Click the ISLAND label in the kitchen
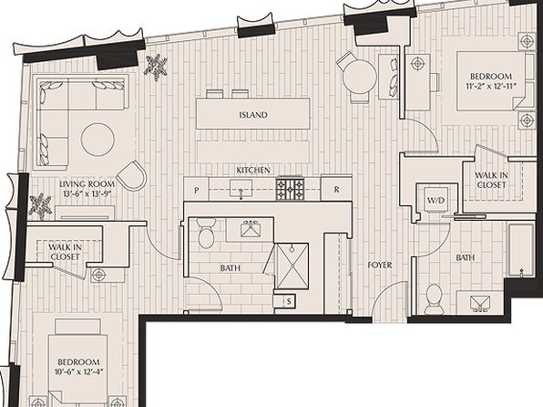tap(253, 115)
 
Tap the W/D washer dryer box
tap(435, 200)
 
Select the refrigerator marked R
tap(336, 190)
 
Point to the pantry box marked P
tap(197, 190)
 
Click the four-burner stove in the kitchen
tap(291, 189)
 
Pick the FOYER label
tap(380, 265)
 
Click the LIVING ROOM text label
tap(87, 184)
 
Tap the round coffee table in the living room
tap(97, 140)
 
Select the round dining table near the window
tap(359, 77)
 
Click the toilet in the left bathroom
tap(206, 234)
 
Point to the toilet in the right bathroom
tap(434, 298)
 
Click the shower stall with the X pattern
tap(292, 266)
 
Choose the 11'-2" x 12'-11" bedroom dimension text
tap(491, 87)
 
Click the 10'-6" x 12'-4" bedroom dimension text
tap(79, 372)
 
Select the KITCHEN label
tap(253, 170)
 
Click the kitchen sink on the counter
tap(241, 189)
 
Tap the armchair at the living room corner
tap(132, 176)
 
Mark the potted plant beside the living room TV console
tap(40, 206)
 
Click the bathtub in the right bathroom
tap(521, 250)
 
